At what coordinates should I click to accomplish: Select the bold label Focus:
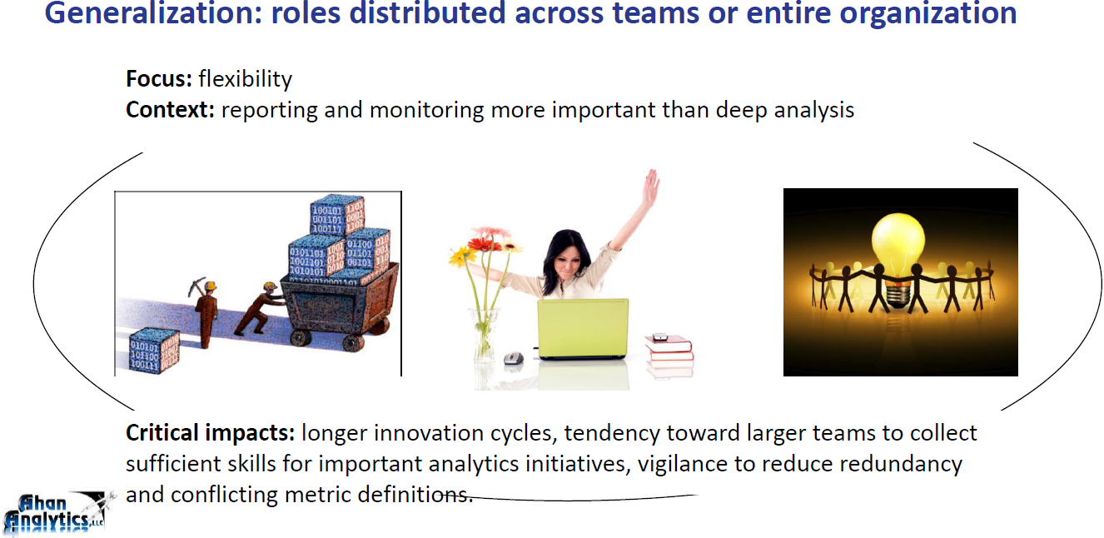(159, 79)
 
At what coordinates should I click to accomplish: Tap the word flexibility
(245, 79)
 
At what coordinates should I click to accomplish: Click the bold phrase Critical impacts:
(210, 433)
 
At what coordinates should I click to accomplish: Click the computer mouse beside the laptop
(512, 359)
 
